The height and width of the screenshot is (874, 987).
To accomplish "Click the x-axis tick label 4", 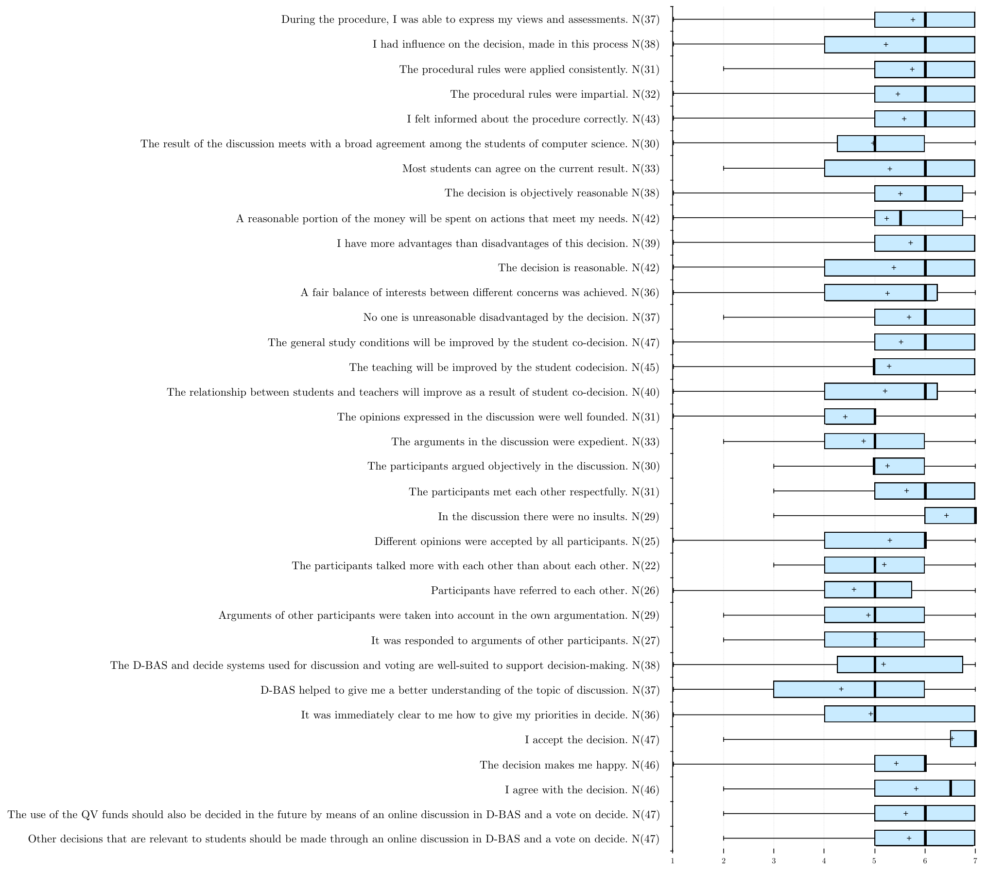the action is (x=824, y=861).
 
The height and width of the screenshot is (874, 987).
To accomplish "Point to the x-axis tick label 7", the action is (x=975, y=861).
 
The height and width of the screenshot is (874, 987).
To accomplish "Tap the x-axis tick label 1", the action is (x=673, y=861).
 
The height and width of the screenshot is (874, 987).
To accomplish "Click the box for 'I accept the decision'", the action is (x=963, y=739).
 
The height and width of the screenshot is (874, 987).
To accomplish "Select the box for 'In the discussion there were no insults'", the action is (x=950, y=515).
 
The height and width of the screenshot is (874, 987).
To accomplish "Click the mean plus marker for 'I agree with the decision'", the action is (x=916, y=789).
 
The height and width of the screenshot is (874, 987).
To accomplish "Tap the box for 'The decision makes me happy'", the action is (x=900, y=764).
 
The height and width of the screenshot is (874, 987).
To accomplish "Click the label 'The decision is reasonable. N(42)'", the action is (x=578, y=268).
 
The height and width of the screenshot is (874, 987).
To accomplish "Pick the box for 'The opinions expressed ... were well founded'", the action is (x=850, y=417).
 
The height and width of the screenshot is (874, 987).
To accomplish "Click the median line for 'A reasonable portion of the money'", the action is (x=900, y=218).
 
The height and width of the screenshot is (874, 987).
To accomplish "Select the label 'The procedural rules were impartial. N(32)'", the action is (x=554, y=94).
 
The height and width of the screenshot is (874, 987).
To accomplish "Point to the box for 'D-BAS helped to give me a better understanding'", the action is (x=849, y=689).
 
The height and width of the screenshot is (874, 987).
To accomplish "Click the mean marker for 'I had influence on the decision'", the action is (x=886, y=45).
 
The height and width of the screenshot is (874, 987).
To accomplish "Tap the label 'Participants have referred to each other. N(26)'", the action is (x=545, y=591).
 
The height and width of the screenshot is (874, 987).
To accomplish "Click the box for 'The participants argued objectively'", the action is (x=899, y=466).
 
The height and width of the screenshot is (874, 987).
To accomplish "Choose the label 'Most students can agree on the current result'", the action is (x=531, y=169).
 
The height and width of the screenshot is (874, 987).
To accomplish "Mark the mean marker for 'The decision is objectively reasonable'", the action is (x=900, y=193).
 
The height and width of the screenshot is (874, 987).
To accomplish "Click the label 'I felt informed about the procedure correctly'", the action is (x=533, y=119).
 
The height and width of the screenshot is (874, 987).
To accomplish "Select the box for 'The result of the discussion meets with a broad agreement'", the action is (x=881, y=143).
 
